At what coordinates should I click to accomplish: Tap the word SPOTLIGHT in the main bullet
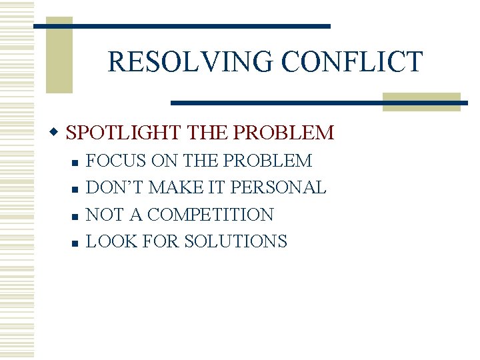(124, 133)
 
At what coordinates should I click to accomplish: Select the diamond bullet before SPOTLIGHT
(57, 131)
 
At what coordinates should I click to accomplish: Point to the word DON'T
(115, 188)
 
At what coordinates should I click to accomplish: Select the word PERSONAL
(278, 188)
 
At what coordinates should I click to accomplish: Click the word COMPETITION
(211, 215)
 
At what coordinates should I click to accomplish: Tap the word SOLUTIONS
(235, 241)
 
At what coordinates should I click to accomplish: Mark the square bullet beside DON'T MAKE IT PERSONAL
(75, 189)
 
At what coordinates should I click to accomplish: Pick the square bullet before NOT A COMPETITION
(75, 216)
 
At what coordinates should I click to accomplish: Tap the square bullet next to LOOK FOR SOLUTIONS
(75, 243)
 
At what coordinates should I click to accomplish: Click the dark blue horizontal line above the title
(181, 26)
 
